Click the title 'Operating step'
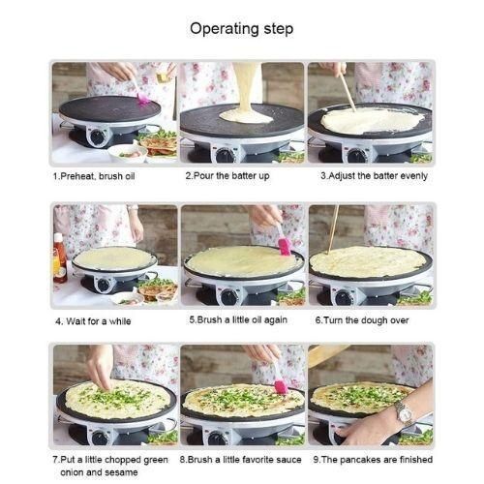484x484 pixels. point(242,28)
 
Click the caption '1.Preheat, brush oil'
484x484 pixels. point(94,176)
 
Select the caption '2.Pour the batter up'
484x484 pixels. point(227,176)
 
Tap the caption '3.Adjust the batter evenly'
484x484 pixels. point(374,176)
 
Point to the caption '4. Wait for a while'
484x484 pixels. point(93,321)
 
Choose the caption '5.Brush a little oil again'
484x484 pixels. point(238,319)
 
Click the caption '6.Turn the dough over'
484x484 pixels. point(362,320)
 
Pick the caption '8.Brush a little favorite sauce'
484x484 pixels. point(241,460)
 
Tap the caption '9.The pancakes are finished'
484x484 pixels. point(373,460)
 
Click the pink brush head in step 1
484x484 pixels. point(143,99)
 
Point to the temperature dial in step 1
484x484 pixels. point(98,136)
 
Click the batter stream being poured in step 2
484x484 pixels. point(246,89)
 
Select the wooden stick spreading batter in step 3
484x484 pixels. point(348,91)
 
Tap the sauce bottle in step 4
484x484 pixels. point(60,257)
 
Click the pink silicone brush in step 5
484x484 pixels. point(284,244)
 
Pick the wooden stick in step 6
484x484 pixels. point(333,229)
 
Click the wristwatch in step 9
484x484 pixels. point(405,413)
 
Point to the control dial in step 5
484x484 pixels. point(229,297)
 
